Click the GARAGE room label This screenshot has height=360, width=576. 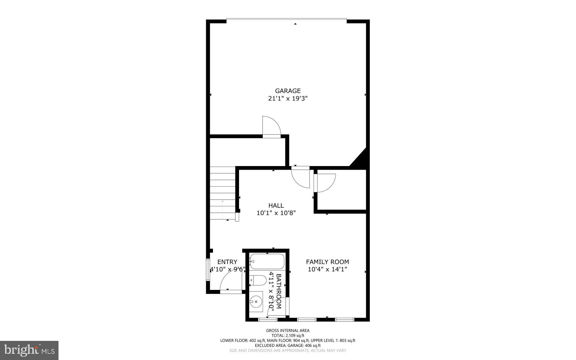pyautogui.click(x=288, y=91)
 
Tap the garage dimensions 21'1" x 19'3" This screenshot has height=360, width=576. pyautogui.click(x=288, y=99)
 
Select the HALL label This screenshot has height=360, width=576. pyautogui.click(x=276, y=206)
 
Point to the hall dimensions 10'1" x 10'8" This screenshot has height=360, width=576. pyautogui.click(x=276, y=213)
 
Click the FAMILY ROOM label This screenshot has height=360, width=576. pyautogui.click(x=327, y=262)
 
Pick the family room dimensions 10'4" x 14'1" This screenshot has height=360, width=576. pyautogui.click(x=327, y=269)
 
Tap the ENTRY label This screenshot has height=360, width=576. pyautogui.click(x=227, y=262)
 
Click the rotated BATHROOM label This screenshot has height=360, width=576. pyautogui.click(x=279, y=291)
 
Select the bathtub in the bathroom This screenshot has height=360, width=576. pyautogui.click(x=267, y=261)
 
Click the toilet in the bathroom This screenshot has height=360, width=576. pyautogui.click(x=258, y=280)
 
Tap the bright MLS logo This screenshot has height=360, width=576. pyautogui.click(x=29, y=350)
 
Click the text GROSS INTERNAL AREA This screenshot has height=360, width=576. pyautogui.click(x=288, y=331)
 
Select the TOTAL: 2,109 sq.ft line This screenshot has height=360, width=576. pyautogui.click(x=288, y=336)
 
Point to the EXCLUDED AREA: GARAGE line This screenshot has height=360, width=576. pyautogui.click(x=288, y=345)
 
